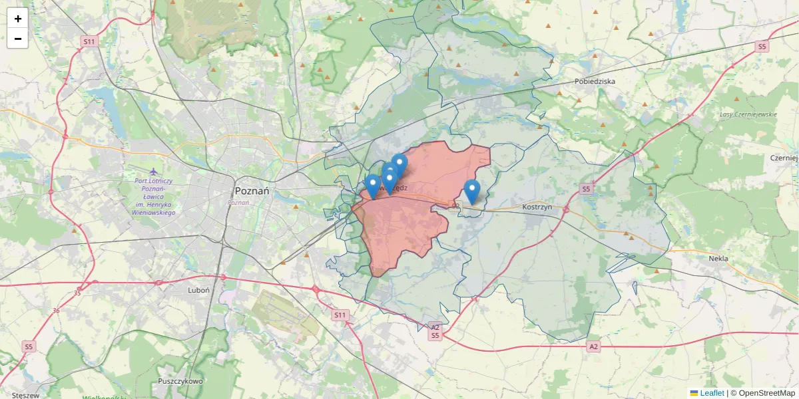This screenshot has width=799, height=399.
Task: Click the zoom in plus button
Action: click(x=17, y=19)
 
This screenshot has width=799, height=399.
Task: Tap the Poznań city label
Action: click(x=252, y=190)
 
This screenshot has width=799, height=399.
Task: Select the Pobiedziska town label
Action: click(x=595, y=81)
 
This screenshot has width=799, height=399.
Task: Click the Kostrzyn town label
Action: click(x=538, y=207)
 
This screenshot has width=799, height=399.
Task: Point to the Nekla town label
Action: click(x=718, y=258)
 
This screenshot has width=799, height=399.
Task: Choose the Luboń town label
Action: click(x=198, y=290)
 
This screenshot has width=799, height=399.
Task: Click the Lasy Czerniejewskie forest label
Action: click(x=748, y=114)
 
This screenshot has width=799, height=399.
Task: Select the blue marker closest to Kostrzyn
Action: click(x=472, y=192)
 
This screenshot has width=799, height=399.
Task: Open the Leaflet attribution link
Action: click(x=712, y=393)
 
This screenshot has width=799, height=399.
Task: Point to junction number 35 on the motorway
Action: click(x=78, y=293)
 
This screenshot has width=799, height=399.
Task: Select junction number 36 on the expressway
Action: click(x=55, y=311)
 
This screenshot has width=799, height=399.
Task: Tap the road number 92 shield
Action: click(x=456, y=207)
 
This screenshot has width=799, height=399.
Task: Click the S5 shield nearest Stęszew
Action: click(x=28, y=346)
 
